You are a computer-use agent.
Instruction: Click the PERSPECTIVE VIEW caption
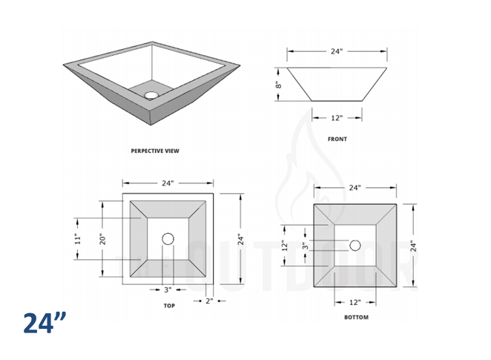click(155, 151)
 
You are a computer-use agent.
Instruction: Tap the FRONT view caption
click(337, 139)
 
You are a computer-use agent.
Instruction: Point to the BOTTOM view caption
click(356, 318)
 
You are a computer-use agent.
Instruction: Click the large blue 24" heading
click(45, 324)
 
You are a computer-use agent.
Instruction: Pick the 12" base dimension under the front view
click(337, 117)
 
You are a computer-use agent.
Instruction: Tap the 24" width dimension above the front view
click(337, 52)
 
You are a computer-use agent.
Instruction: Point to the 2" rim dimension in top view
click(209, 301)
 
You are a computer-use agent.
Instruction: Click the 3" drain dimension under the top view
click(168, 289)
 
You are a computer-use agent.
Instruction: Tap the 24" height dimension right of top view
click(240, 239)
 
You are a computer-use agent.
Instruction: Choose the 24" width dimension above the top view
click(167, 183)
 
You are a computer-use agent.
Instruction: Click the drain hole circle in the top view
click(168, 238)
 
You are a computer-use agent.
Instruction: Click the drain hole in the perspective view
click(152, 95)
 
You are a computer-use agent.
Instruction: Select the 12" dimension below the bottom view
click(355, 302)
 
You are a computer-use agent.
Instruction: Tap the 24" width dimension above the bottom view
click(355, 188)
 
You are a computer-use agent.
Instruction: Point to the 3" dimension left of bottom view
click(304, 245)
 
